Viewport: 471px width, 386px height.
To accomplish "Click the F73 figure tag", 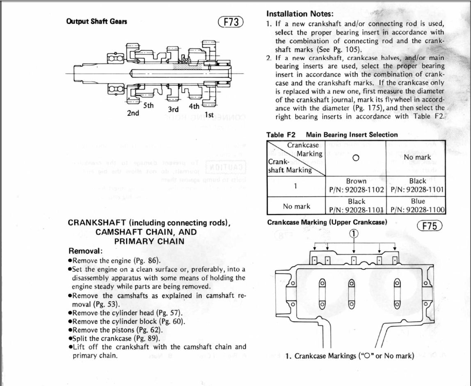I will tap(232, 22).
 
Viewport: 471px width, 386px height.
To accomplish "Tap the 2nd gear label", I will tap(133, 113).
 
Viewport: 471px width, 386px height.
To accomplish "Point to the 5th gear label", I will tap(148, 105).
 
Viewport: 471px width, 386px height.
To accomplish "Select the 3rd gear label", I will tap(174, 110).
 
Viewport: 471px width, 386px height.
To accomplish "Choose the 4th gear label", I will tap(194, 106).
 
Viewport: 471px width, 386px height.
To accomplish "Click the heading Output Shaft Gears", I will tap(96, 21).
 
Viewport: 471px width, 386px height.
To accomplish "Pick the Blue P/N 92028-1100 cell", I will tap(418, 206).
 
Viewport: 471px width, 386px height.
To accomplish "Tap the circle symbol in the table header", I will tap(356, 158).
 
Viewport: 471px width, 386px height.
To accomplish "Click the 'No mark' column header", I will tap(417, 157).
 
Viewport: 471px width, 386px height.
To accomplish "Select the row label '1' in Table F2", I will tap(295, 185).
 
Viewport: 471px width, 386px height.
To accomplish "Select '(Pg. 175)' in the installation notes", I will tap(363, 108).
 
